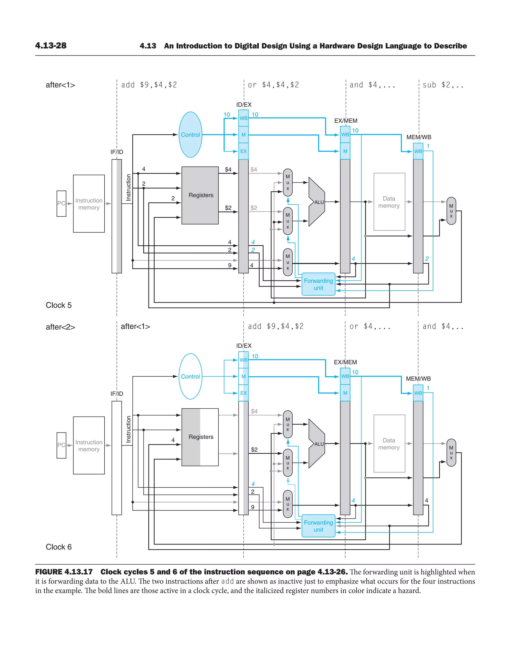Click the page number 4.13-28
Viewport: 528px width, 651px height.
(x=51, y=46)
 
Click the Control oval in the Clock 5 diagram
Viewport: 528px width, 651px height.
(x=191, y=135)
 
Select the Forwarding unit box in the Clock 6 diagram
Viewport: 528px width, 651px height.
(x=318, y=526)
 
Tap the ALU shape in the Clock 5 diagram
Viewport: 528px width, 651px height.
(x=317, y=202)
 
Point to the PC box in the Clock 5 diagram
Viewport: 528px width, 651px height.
(x=61, y=203)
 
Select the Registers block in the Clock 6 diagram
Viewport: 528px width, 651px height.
(x=200, y=437)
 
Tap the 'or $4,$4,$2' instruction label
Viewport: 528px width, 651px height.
(x=273, y=85)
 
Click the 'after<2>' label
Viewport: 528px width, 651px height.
(x=60, y=327)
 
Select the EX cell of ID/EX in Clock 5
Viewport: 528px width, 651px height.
(x=243, y=151)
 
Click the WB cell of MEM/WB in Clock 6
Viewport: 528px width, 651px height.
(x=418, y=393)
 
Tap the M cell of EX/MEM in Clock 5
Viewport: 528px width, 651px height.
(x=345, y=151)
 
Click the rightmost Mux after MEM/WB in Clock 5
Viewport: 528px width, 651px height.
(x=451, y=211)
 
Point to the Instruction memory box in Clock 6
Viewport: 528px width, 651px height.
(x=89, y=445)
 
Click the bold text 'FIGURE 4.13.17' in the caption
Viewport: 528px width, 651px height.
(x=64, y=572)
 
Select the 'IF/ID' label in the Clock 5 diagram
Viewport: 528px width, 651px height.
(x=117, y=152)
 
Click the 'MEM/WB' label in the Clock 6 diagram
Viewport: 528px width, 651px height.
(x=418, y=379)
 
